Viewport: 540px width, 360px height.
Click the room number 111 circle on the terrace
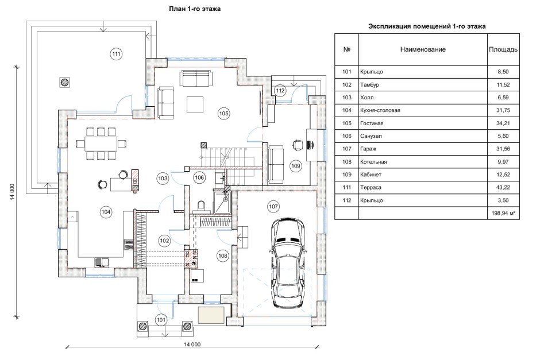pyautogui.click(x=116, y=54)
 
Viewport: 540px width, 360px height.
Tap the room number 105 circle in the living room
pyautogui.click(x=223, y=114)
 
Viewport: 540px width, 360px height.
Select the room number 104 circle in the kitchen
pyautogui.click(x=106, y=212)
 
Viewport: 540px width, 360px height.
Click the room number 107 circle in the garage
pyautogui.click(x=273, y=206)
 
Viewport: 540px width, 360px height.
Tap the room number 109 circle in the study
pyautogui.click(x=295, y=166)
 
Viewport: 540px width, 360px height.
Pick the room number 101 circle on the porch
pyautogui.click(x=161, y=320)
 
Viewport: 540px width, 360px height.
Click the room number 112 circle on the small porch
pyautogui.click(x=280, y=91)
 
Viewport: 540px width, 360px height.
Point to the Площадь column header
pyautogui.click(x=503, y=49)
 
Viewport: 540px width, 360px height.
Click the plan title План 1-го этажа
pyautogui.click(x=194, y=9)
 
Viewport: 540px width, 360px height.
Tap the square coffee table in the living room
pyautogui.click(x=194, y=104)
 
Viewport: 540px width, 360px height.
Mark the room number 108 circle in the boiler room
pyautogui.click(x=222, y=255)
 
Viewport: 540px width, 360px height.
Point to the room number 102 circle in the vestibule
pyautogui.click(x=165, y=241)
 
